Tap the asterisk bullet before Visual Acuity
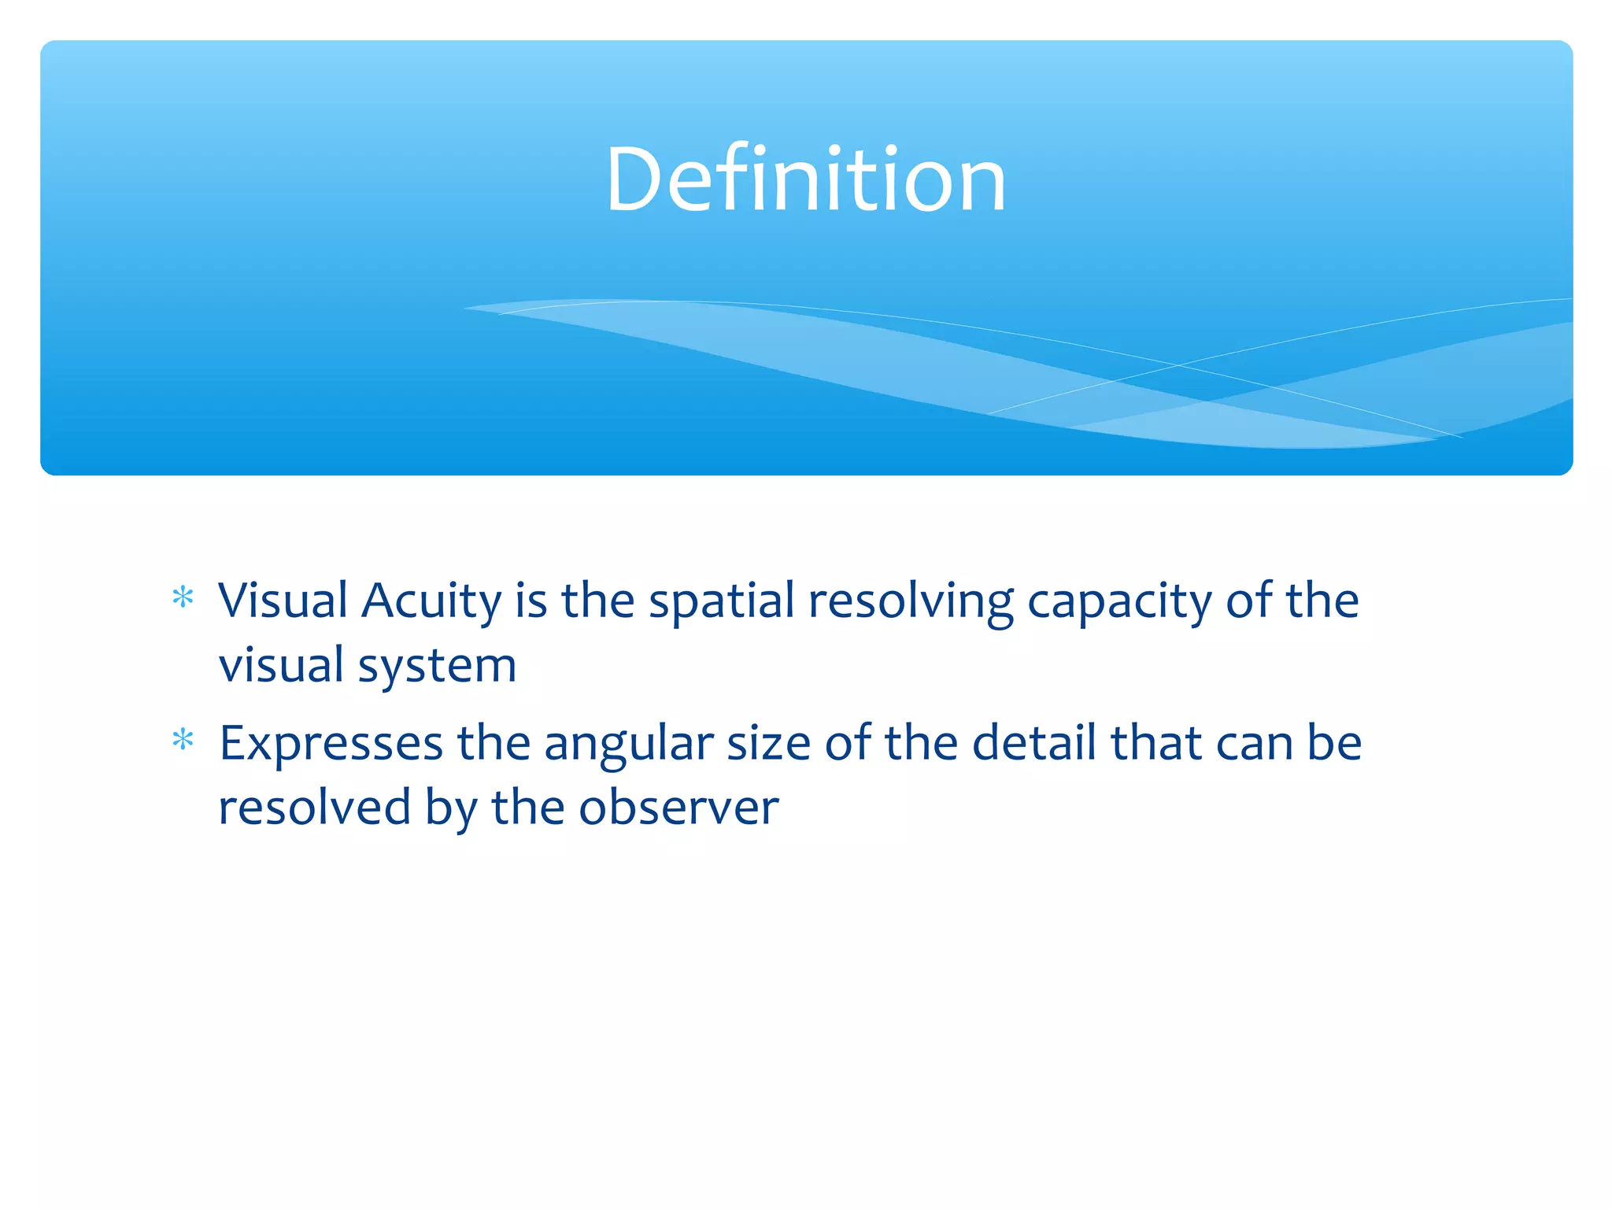coord(183,598)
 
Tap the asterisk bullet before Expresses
coord(183,741)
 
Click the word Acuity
coord(431,601)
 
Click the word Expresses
coord(331,745)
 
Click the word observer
coord(678,808)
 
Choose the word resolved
coord(314,808)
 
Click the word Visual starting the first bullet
coord(283,601)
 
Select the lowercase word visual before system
coord(281,666)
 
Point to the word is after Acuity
coord(531,601)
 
